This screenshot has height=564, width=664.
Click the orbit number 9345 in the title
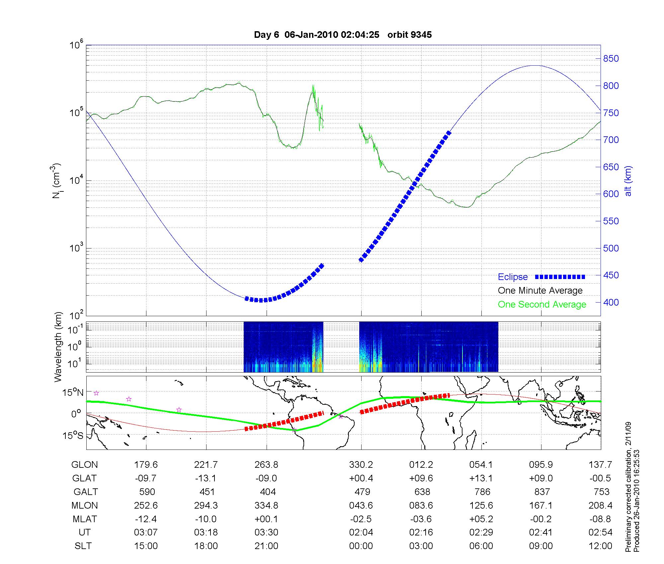421,35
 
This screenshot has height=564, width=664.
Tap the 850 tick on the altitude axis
611,59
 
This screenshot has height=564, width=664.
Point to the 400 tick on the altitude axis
611,303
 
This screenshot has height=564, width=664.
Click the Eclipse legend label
513,277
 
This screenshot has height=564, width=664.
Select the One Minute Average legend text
540,291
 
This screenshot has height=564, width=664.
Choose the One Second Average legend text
542,305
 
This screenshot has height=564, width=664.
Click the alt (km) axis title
628,181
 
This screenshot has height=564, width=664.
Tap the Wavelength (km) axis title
58,347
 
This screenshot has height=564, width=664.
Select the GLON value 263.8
266,465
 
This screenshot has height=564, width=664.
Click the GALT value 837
542,492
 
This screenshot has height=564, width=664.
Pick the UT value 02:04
361,532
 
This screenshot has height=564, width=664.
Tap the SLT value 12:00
600,546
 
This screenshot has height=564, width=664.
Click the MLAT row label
84,519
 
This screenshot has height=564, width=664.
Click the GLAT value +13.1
481,478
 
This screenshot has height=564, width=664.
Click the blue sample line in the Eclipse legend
560,277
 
